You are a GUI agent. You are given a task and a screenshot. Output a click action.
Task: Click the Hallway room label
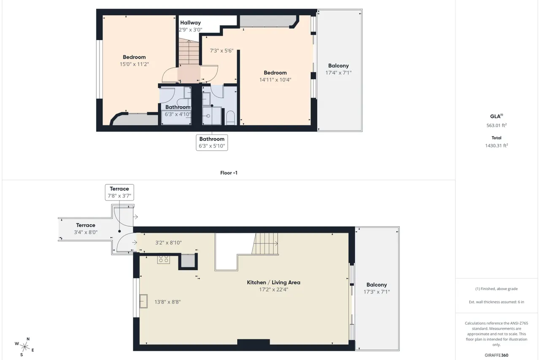[190, 23]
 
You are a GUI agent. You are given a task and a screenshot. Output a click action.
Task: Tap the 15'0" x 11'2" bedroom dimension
[134, 64]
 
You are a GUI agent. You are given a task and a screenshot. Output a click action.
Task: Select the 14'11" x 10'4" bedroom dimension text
[275, 80]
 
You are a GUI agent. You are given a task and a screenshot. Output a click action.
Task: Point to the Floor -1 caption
[229, 173]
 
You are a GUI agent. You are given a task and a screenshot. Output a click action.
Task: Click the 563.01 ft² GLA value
[497, 125]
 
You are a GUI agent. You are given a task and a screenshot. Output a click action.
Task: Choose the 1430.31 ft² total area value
[497, 146]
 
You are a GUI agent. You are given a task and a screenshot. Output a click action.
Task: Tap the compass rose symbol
[24, 347]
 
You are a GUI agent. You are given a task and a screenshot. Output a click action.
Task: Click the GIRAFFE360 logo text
[497, 355]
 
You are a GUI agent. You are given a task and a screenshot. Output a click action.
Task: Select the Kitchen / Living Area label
[274, 282]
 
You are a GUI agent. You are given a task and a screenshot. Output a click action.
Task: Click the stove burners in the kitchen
[163, 259]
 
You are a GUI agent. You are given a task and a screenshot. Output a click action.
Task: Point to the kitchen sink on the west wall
[143, 301]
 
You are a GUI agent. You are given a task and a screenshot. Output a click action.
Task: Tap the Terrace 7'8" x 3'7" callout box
[119, 192]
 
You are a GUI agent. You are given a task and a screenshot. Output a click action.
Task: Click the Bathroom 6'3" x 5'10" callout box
[212, 143]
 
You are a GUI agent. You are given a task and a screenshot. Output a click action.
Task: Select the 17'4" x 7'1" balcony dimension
[338, 73]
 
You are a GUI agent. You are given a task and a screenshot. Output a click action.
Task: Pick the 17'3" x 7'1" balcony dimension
[377, 292]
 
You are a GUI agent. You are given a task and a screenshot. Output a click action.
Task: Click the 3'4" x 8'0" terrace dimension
[86, 232]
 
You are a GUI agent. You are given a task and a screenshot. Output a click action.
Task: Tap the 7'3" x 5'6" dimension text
[221, 51]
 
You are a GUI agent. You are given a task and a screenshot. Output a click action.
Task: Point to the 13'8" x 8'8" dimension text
[167, 302]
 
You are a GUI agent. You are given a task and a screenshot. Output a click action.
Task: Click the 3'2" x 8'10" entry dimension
[168, 243]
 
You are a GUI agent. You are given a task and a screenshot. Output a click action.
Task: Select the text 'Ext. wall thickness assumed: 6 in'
[497, 302]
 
